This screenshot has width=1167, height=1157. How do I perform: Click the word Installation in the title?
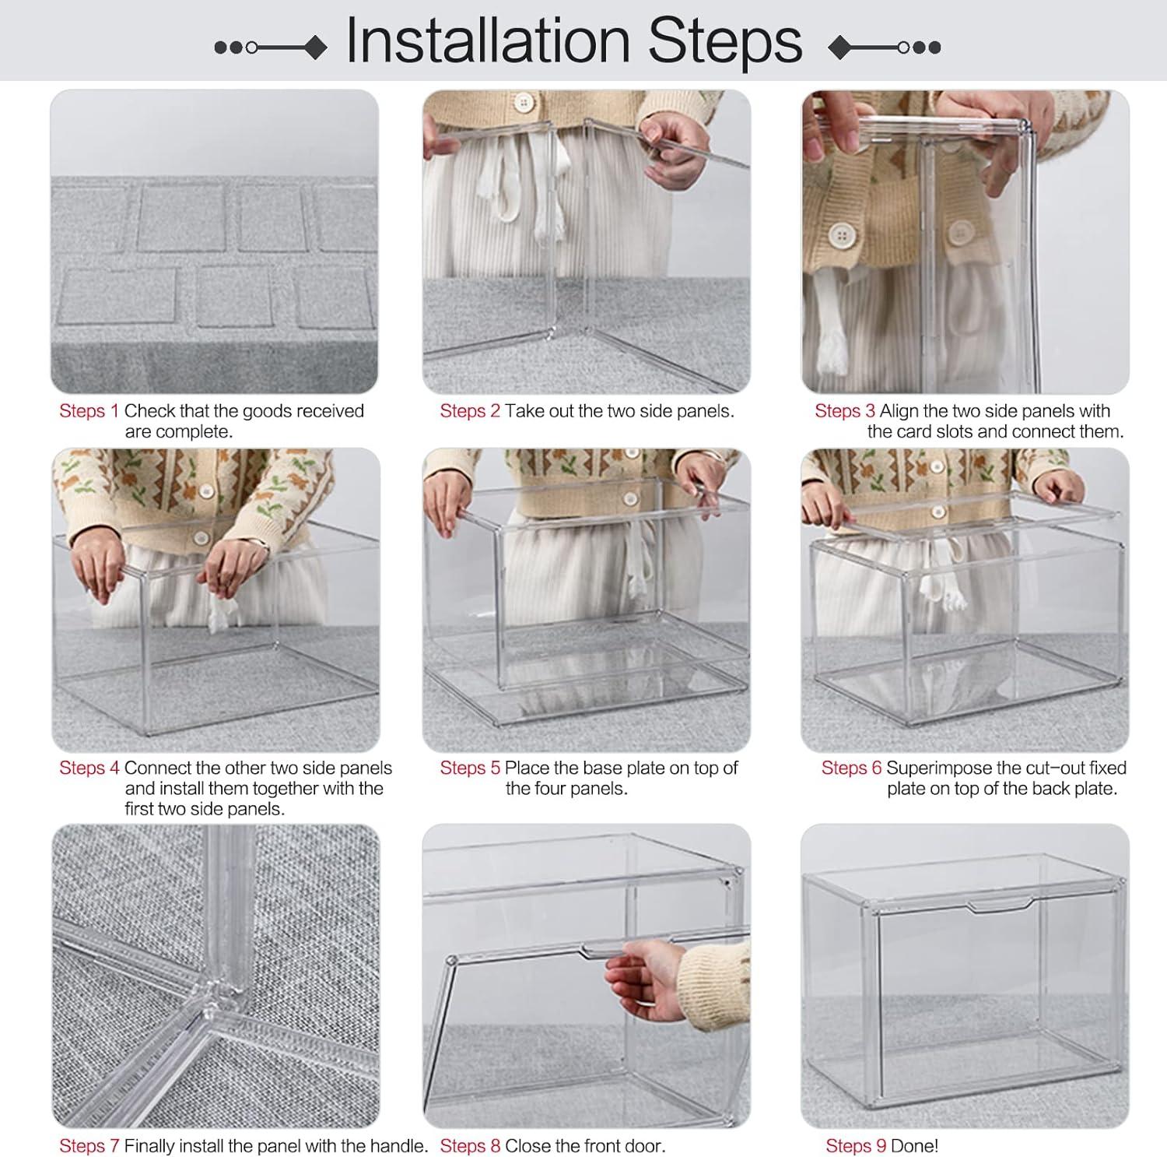point(488,40)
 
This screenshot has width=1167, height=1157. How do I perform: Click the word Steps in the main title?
point(725,42)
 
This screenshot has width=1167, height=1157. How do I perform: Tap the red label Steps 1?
point(89,411)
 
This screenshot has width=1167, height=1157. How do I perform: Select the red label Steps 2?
point(470,411)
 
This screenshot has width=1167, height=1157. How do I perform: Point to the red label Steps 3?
point(845,411)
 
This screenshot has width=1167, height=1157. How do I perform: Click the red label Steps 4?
point(89,768)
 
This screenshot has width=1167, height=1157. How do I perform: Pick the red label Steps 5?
point(470,768)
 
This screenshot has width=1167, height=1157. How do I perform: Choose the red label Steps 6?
point(852,768)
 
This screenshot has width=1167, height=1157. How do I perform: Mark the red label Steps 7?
point(89,1146)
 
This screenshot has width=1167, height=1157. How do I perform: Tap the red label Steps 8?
point(470,1146)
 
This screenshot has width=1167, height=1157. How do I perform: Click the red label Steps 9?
point(856,1146)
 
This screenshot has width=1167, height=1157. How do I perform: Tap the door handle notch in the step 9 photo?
point(999,905)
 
